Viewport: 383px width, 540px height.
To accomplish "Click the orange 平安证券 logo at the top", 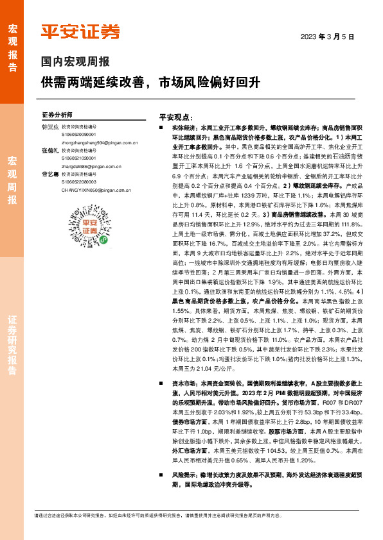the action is coord(80,32).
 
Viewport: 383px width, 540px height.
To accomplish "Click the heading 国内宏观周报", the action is coord(75,62).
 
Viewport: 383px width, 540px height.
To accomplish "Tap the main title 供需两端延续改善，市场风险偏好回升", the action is coord(150,82).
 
